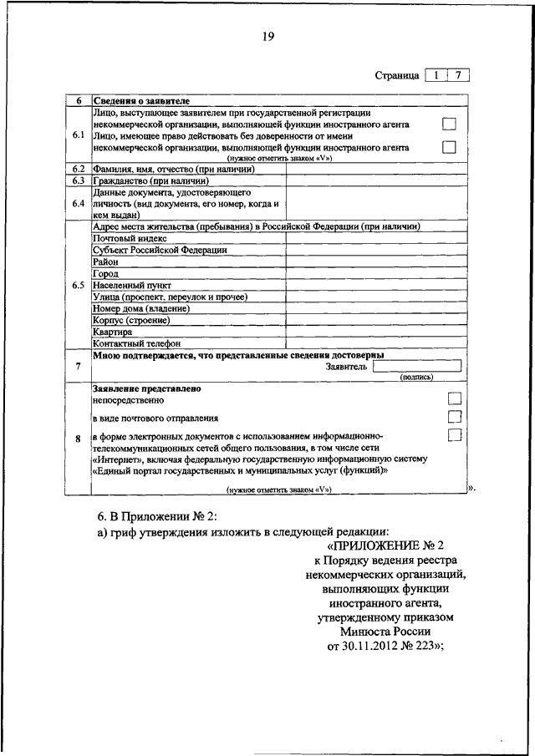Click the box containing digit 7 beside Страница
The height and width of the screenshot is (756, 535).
458,74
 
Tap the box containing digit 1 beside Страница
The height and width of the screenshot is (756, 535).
436,74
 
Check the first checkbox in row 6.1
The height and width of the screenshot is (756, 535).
450,124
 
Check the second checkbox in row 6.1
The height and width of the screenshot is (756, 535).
450,147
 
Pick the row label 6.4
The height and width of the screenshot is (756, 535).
79,203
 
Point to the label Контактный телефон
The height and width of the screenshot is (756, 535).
137,342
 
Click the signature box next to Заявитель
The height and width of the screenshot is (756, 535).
416,365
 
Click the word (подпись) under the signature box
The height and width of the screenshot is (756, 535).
416,377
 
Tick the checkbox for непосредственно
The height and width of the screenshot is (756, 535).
455,398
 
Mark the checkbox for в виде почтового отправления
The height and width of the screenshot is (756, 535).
455,416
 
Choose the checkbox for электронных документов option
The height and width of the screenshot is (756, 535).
455,434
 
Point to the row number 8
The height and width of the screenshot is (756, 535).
79,439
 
